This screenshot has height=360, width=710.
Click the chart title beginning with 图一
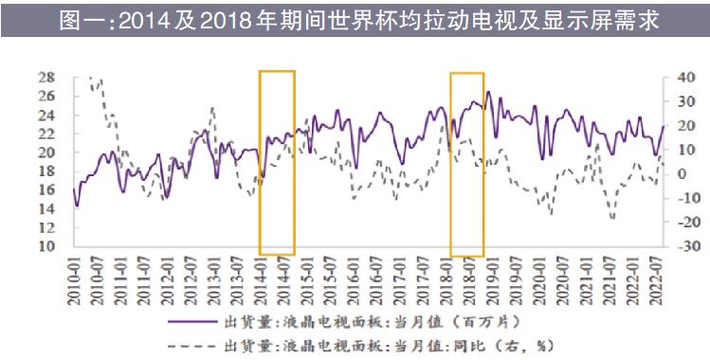(x=355, y=18)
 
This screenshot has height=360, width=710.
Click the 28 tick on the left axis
(x=46, y=77)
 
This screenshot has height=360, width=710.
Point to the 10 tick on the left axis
(x=46, y=246)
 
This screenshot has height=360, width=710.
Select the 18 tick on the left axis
(x=46, y=171)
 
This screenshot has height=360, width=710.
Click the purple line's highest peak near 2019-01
(x=488, y=92)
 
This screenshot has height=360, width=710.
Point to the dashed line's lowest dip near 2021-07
(x=612, y=219)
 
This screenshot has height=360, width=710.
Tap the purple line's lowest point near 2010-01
(x=77, y=206)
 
